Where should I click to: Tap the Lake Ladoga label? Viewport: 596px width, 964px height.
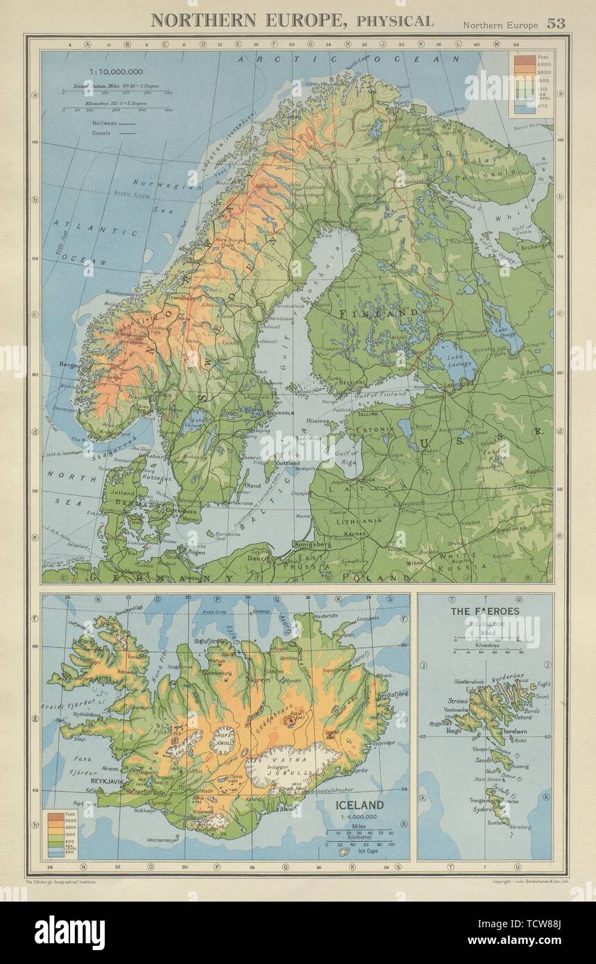pyautogui.click(x=445, y=364)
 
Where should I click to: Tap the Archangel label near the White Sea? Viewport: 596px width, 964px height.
pyautogui.click(x=538, y=246)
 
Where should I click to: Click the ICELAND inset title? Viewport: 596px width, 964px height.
pyautogui.click(x=359, y=805)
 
